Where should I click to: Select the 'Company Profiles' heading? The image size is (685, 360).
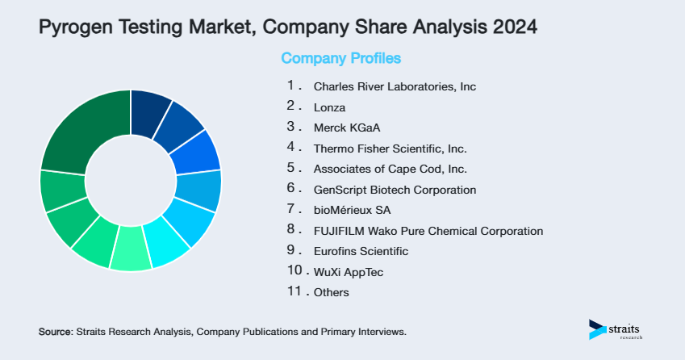(340, 58)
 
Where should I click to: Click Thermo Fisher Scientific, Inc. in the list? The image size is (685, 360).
(390, 149)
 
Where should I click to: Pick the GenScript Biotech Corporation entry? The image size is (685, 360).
(395, 190)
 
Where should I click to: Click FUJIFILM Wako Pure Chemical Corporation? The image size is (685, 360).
(428, 231)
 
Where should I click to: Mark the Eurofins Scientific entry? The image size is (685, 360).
(361, 252)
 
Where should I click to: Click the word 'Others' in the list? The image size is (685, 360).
(332, 293)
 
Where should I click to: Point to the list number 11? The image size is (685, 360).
(294, 291)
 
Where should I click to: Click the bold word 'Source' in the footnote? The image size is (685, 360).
(55, 332)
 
